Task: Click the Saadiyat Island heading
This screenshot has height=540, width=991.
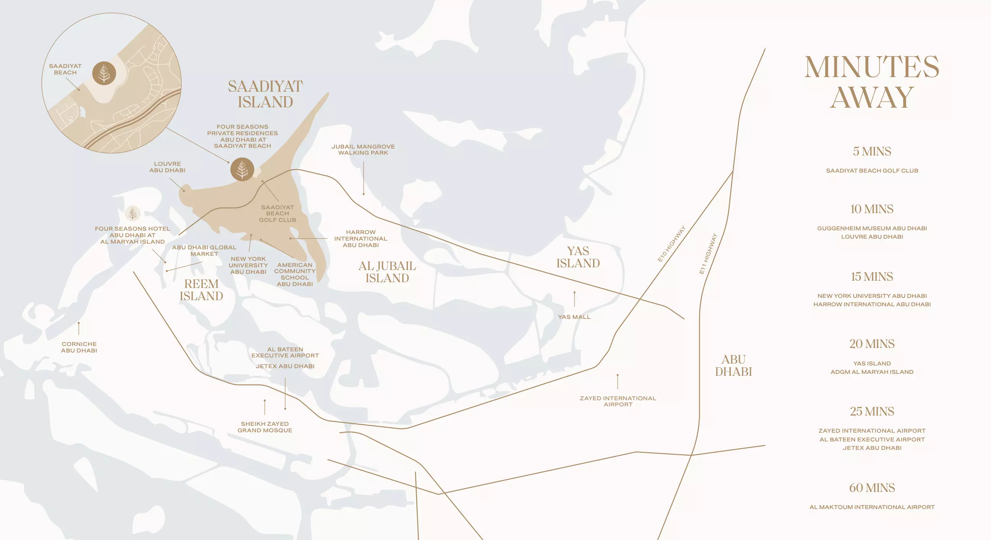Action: pyautogui.click(x=265, y=94)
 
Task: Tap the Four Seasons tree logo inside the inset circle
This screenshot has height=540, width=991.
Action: pyautogui.click(x=104, y=73)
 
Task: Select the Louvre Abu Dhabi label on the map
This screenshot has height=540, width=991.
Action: pyautogui.click(x=167, y=167)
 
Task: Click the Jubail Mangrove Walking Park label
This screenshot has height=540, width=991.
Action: pyautogui.click(x=363, y=150)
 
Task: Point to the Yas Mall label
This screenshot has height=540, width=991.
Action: pyautogui.click(x=574, y=317)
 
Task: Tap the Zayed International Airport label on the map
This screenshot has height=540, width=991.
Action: pyautogui.click(x=618, y=401)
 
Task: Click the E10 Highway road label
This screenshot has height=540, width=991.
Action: pyautogui.click(x=671, y=244)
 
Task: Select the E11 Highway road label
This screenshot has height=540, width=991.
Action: pyautogui.click(x=708, y=254)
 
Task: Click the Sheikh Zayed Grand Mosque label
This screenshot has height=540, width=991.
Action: pyautogui.click(x=265, y=427)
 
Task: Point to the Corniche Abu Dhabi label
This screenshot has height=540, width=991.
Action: pyautogui.click(x=79, y=347)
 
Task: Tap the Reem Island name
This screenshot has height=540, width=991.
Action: pyautogui.click(x=201, y=290)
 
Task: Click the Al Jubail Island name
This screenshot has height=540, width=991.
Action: pyautogui.click(x=387, y=272)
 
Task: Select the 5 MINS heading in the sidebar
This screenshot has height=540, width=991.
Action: pyautogui.click(x=872, y=151)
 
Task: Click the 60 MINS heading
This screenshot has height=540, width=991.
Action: pyautogui.click(x=872, y=488)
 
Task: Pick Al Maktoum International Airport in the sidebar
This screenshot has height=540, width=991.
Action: pyautogui.click(x=872, y=507)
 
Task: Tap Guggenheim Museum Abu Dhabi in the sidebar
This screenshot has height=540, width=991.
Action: pyautogui.click(x=872, y=228)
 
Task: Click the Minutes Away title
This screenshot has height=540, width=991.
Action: pyautogui.click(x=872, y=82)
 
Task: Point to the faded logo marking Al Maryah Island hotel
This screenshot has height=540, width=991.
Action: pyautogui.click(x=132, y=213)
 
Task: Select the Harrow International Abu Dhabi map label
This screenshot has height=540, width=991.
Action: pyautogui.click(x=360, y=238)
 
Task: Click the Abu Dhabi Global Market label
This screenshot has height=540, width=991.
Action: pyautogui.click(x=204, y=251)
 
